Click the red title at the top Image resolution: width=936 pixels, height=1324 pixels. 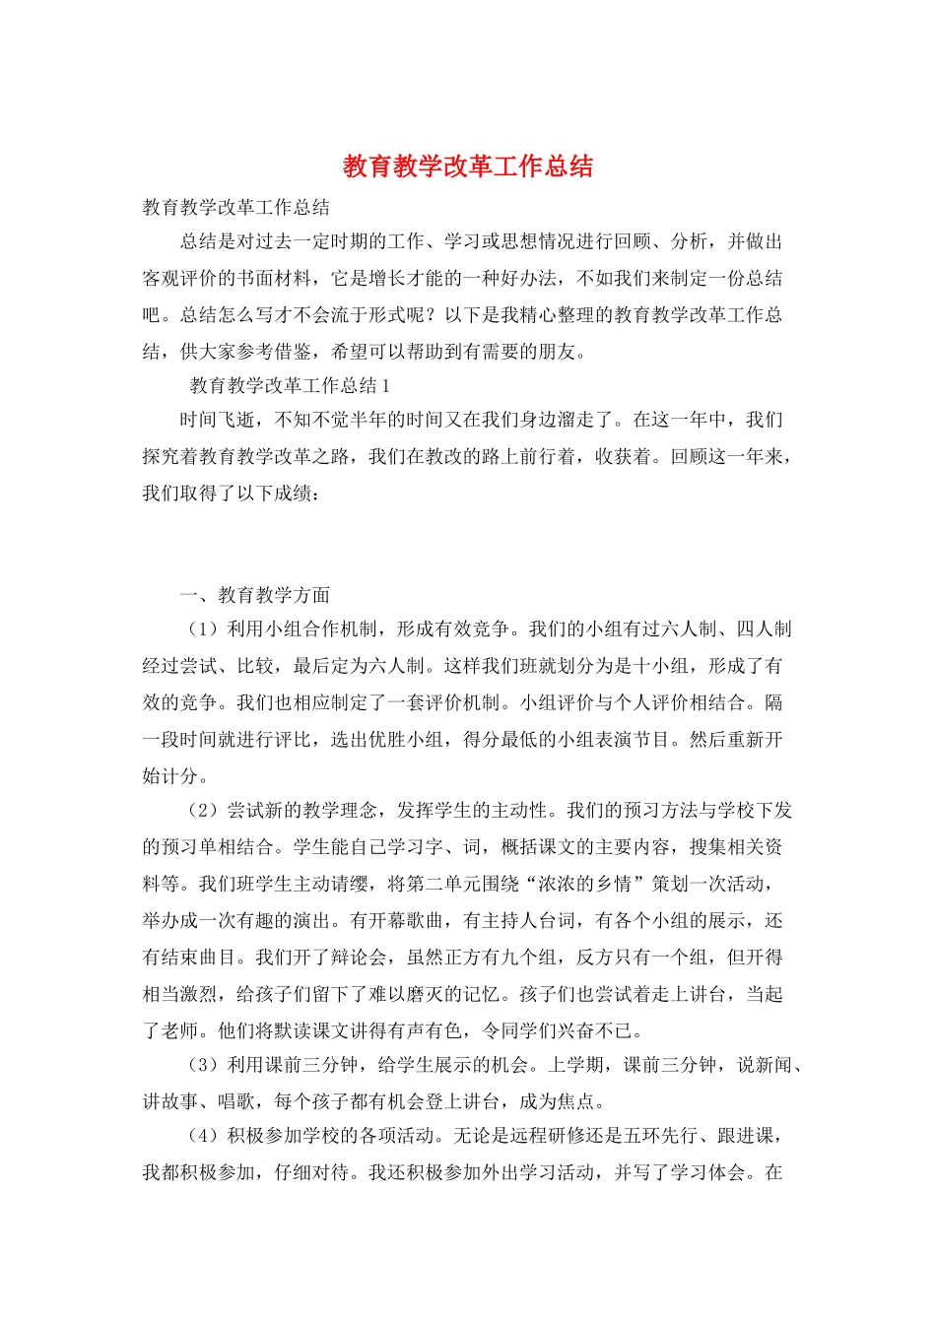pyautogui.click(x=468, y=166)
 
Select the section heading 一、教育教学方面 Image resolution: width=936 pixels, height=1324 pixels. pyautogui.click(x=255, y=595)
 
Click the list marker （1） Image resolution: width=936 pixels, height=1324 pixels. pyautogui.click(x=203, y=629)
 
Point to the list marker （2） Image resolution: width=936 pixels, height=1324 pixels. pyautogui.click(x=203, y=811)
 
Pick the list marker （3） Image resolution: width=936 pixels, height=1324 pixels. pyautogui.click(x=203, y=1065)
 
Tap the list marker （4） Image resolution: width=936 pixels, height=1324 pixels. pyautogui.click(x=203, y=1136)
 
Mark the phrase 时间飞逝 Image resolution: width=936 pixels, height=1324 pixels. pyautogui.click(x=217, y=421)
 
